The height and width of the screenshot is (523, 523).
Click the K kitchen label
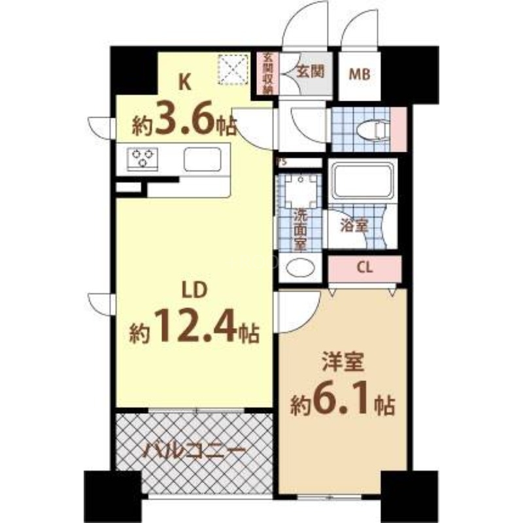click(186, 83)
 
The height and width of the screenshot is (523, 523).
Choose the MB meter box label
click(358, 75)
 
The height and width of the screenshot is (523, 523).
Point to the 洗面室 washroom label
click(300, 228)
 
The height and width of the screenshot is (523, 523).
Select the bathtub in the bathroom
click(362, 179)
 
